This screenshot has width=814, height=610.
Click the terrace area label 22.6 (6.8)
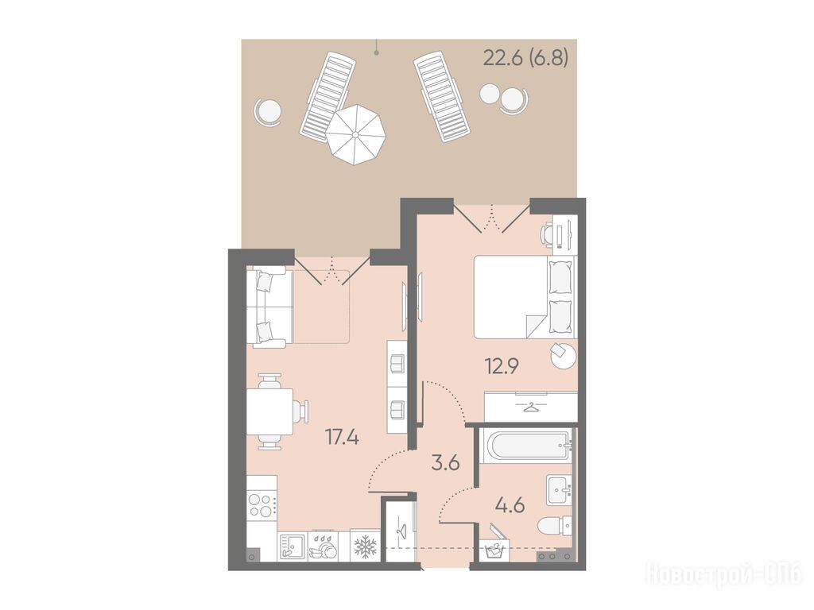[x=525, y=57]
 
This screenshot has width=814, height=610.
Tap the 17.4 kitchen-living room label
[x=342, y=438]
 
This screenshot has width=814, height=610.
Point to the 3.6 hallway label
[x=446, y=462]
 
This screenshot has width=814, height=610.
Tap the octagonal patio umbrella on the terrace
[x=355, y=134]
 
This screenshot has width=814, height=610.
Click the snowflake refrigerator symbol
[x=365, y=546]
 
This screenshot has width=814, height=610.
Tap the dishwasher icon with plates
[x=323, y=546]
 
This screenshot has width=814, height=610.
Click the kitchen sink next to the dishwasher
[x=293, y=546]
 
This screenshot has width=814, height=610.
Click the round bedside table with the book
[x=564, y=355]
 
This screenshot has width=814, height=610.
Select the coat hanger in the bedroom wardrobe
[x=529, y=407]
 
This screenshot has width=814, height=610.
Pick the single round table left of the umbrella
[x=269, y=110]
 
